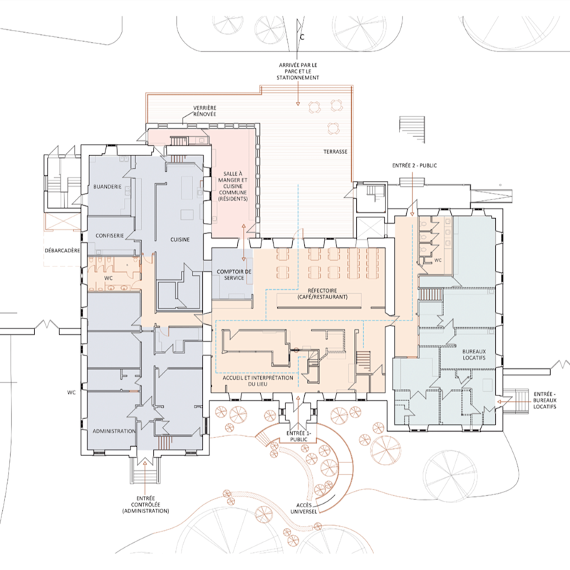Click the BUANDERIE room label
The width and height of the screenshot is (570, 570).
coord(108,187)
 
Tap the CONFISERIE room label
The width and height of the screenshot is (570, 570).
coord(110,236)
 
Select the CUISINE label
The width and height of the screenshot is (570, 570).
coord(180,239)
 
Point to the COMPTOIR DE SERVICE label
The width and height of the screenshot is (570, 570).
coord(234,275)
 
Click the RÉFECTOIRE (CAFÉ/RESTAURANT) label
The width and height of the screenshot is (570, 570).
coord(323,294)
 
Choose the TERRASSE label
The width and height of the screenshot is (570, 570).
coord(335,152)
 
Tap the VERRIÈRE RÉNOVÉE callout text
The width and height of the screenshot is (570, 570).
coord(204,111)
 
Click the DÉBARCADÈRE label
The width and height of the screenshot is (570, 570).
coord(62,251)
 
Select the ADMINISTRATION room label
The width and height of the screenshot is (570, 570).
coord(114,431)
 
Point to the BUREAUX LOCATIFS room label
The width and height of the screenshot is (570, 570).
coord(474,355)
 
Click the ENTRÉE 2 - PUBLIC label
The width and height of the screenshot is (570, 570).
coord(415,165)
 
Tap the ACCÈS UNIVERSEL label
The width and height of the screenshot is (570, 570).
coord(304,509)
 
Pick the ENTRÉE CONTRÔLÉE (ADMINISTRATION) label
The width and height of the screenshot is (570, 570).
coord(145,504)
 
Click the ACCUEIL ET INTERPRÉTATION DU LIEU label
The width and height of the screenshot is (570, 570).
coord(258,381)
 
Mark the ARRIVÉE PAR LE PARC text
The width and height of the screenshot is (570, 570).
coord(298,68)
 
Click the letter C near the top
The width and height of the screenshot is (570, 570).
coord(302,37)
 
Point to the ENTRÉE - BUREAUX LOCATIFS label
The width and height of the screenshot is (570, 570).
coord(544,400)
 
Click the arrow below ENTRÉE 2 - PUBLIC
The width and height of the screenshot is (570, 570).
coord(412,194)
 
